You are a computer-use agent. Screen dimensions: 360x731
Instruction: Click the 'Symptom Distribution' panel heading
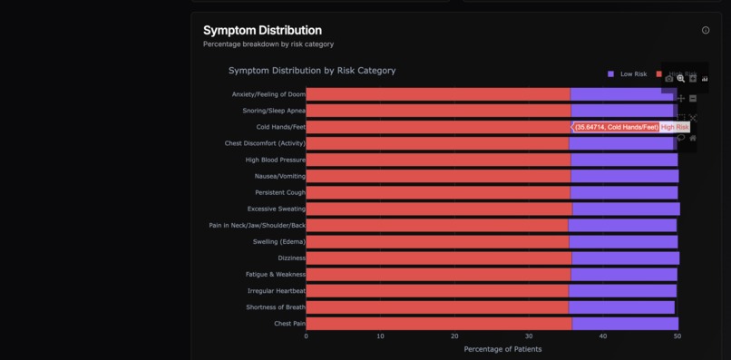[x=262, y=30]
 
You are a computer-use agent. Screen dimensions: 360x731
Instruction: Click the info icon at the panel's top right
[x=706, y=30]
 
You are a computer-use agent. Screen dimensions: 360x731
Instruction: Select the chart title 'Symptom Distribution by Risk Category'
[x=312, y=70]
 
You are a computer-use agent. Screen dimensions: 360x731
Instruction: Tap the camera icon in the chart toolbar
[x=669, y=79]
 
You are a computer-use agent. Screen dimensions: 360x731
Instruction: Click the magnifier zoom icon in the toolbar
[x=681, y=79]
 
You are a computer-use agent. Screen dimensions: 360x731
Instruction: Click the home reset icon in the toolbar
[x=693, y=138]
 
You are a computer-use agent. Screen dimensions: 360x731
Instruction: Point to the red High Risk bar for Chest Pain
[x=438, y=324]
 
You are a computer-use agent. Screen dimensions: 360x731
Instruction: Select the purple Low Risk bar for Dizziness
[x=625, y=258]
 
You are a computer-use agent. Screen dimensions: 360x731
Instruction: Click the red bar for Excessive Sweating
[x=439, y=209]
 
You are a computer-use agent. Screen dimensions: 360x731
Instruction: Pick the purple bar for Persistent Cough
[x=624, y=192]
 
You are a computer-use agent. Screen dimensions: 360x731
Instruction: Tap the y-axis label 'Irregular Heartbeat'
[x=276, y=291]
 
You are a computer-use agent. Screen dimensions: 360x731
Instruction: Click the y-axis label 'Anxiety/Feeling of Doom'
[x=268, y=94]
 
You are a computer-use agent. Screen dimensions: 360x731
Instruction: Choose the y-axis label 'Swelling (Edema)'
[x=278, y=242]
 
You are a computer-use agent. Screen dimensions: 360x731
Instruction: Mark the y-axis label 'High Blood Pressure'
[x=275, y=160]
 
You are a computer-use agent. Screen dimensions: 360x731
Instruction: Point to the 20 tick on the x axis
[x=454, y=336]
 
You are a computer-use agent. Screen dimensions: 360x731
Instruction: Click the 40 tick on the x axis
[x=603, y=336]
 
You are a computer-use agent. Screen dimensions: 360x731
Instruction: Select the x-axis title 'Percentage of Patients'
[x=502, y=349]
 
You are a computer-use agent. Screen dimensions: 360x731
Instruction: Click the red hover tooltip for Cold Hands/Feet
[x=616, y=127]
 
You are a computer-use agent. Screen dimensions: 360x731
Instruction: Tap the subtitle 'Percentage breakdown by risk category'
[x=268, y=44]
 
